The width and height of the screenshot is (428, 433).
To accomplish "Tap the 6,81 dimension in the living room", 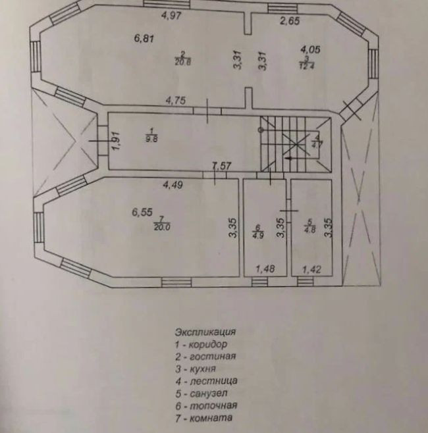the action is click(x=144, y=38).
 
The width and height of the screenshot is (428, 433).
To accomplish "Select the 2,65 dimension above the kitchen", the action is click(x=290, y=21).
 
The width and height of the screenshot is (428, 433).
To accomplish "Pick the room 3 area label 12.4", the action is click(x=306, y=64).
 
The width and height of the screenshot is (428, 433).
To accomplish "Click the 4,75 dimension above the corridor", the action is click(x=176, y=101).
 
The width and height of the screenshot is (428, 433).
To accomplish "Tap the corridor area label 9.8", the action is click(x=152, y=138).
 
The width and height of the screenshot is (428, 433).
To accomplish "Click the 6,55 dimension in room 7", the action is click(x=142, y=212).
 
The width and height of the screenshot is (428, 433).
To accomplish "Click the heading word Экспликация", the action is click(x=205, y=332).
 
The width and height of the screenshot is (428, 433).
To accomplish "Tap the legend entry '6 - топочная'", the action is click(x=205, y=405).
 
